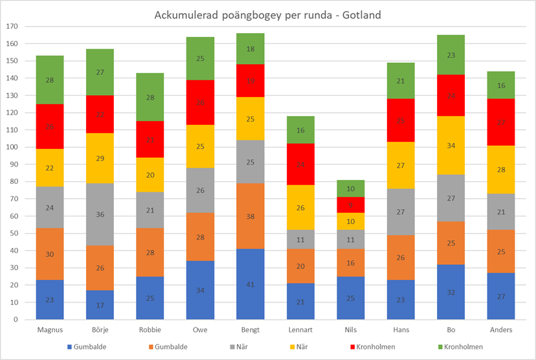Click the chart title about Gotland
268,14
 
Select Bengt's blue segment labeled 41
249,284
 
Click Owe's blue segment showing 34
199,290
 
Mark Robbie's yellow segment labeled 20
150,175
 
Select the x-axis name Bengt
249,330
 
